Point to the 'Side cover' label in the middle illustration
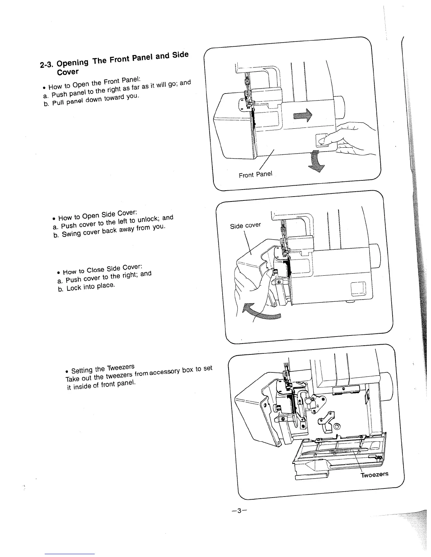pyautogui.click(x=245, y=225)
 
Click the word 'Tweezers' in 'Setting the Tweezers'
pyautogui.click(x=120, y=368)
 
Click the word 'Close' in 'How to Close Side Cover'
pyautogui.click(x=94, y=269)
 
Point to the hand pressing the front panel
pyautogui.click(x=352, y=139)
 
